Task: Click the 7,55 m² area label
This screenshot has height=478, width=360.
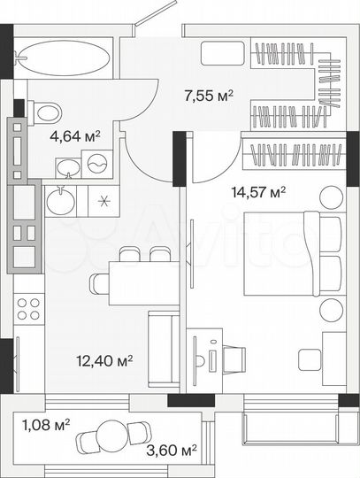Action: (x=208, y=96)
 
